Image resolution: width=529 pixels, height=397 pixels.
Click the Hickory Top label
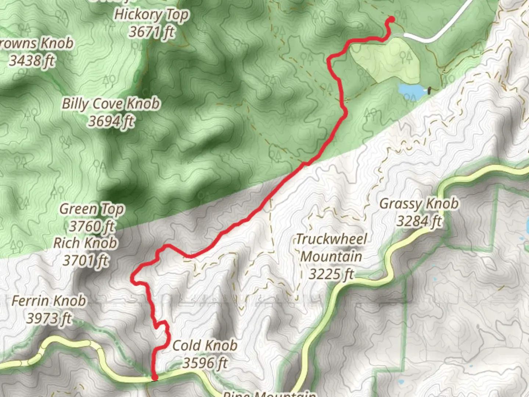pos(151,15)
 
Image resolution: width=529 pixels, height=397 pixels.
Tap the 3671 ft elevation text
pos(151,32)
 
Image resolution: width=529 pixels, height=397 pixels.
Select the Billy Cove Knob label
pos(111,104)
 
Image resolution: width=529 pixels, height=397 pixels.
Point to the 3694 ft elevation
pos(111,121)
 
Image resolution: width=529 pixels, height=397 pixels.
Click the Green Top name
pos(92,209)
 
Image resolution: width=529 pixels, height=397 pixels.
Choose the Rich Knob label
pos(85,243)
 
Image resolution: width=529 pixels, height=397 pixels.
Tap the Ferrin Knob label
pos(48,301)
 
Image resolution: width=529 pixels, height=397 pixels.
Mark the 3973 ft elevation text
pos(48,318)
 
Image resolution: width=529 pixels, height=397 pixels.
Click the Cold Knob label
pos(205,345)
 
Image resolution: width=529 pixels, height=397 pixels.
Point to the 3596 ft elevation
pos(205,363)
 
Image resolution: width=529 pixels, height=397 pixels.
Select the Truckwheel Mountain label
pos(331,248)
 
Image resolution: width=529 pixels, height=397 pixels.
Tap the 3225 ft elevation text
pos(331,274)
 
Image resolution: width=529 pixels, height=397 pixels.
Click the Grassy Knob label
pos(419,203)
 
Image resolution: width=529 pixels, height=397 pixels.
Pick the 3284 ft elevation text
pos(419,221)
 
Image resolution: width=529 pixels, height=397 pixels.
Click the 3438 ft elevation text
pos(32,61)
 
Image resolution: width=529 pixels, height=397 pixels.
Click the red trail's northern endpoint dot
pos(392,19)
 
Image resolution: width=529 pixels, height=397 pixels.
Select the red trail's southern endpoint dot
pos(155,377)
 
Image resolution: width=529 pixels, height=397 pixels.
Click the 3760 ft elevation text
pos(92,226)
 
